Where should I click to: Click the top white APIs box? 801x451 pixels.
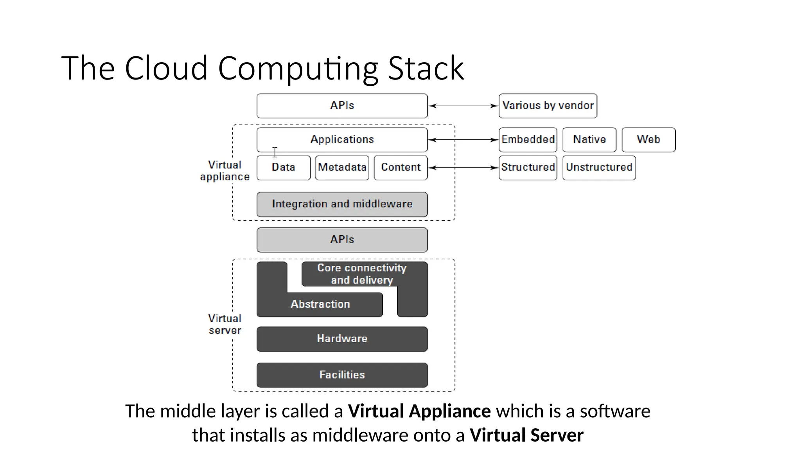342,106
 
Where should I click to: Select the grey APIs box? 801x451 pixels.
342,240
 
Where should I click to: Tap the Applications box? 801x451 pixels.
342,139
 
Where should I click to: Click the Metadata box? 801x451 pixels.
342,168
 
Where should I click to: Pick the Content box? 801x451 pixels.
400,168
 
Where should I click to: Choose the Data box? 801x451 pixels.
284,168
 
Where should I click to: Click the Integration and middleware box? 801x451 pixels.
342,204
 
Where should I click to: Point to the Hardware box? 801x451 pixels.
342,339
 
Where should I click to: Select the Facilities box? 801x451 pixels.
342,375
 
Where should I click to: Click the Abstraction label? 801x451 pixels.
320,304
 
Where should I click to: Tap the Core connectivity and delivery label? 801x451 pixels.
362,274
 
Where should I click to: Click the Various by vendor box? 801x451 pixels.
548,106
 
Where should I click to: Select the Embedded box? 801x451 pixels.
528,139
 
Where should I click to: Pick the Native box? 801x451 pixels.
589,139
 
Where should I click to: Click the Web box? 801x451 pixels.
648,139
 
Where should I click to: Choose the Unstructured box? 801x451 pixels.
598,168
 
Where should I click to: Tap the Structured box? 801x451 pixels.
528,168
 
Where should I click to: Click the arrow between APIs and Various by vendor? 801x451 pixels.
463,106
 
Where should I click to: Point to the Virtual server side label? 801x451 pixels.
225,324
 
